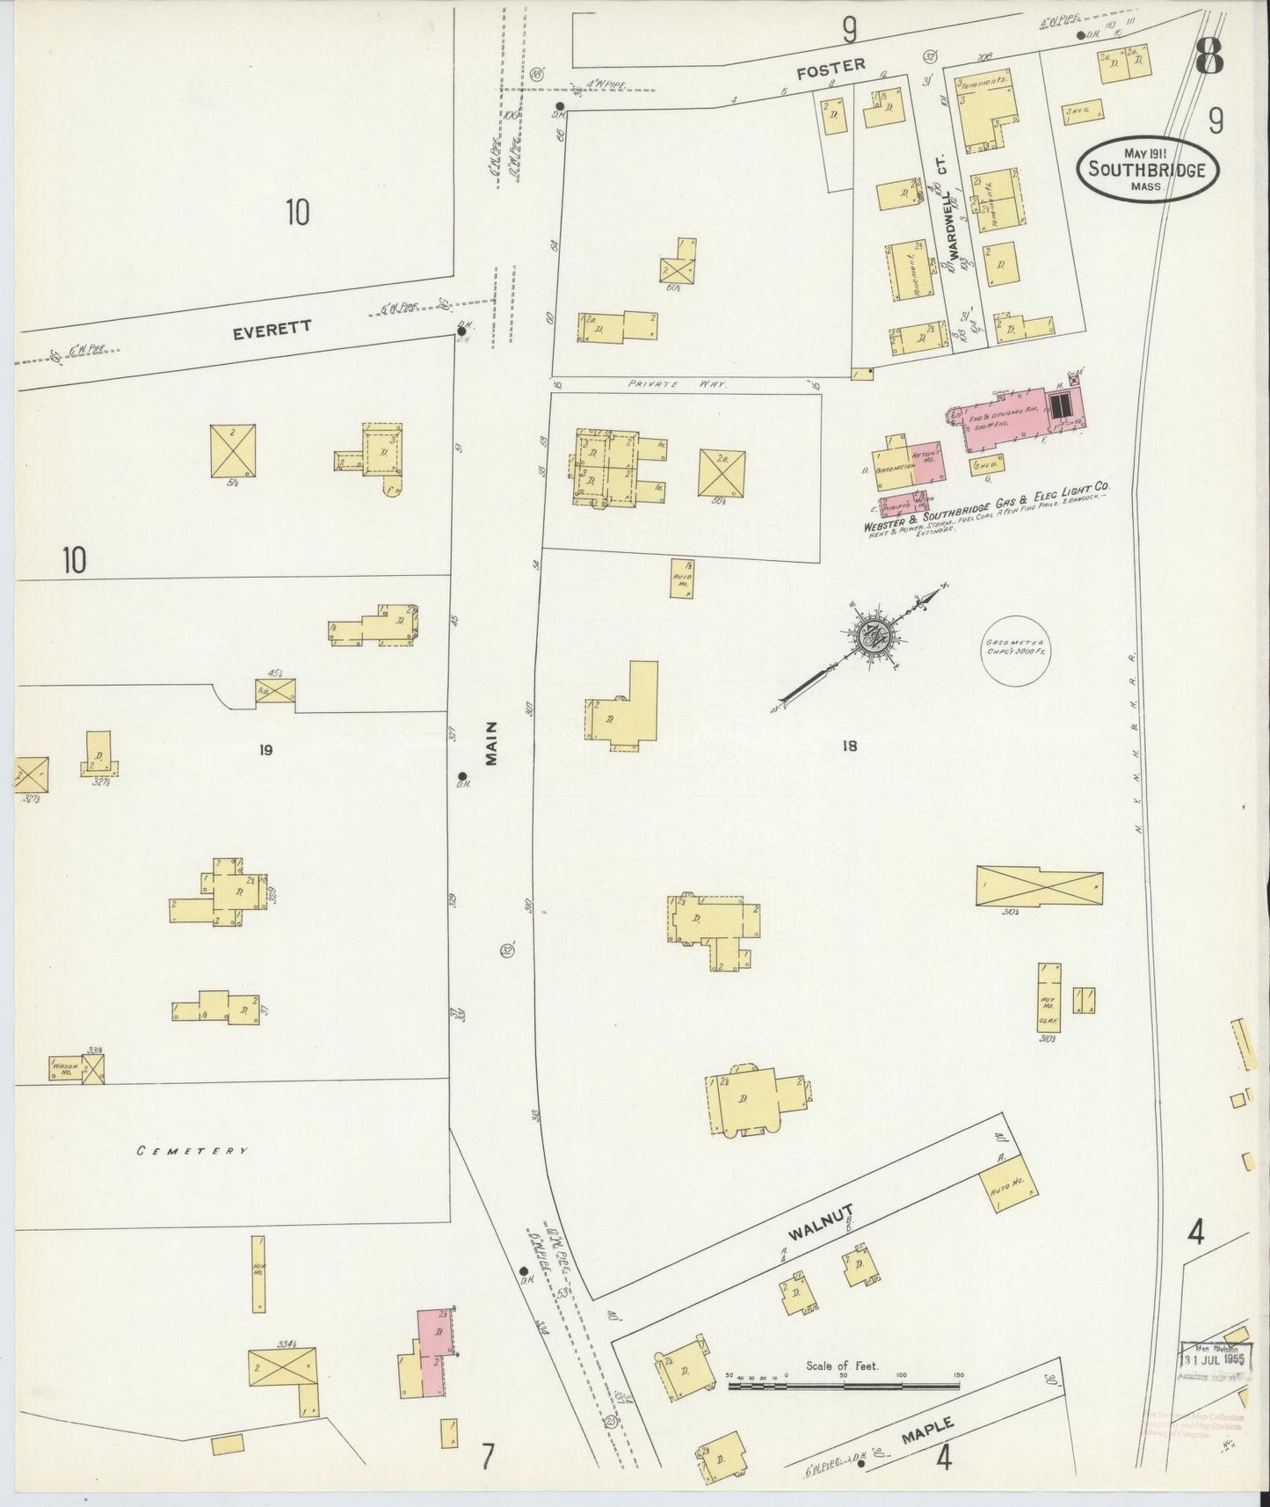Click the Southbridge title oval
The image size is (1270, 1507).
[x=1147, y=168]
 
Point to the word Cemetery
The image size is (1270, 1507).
[x=192, y=1150]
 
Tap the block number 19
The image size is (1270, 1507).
[x=265, y=749]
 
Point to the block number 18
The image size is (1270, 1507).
[x=848, y=746]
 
